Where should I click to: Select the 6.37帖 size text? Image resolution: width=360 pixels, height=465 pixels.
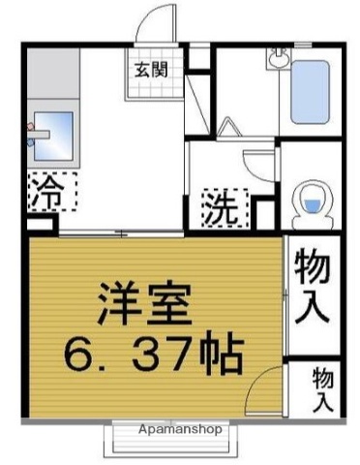[x=152, y=356]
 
